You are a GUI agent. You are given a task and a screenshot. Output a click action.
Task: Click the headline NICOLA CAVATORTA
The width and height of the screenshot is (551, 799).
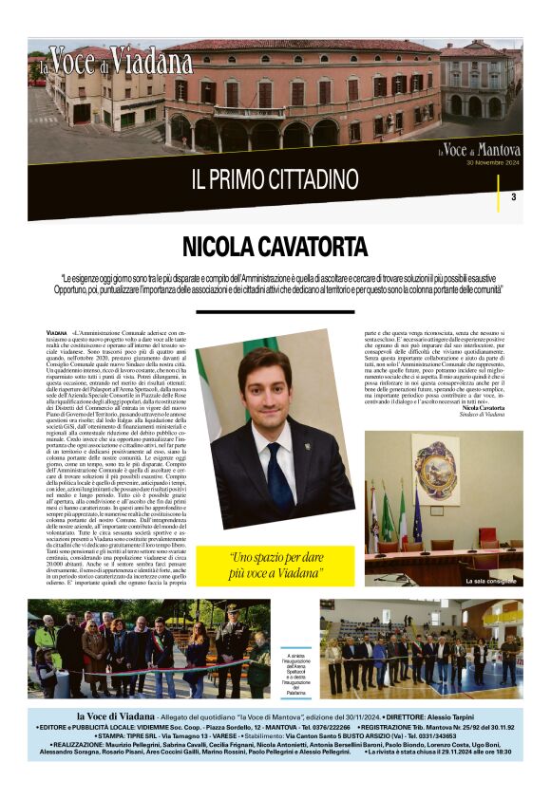(x=275, y=249)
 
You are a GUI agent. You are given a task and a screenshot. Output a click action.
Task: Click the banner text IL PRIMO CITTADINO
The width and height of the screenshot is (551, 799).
(x=275, y=178)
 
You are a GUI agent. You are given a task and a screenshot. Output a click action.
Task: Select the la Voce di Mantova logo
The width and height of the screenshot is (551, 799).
(x=479, y=150)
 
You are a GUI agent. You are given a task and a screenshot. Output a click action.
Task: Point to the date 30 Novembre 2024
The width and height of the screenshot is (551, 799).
(x=492, y=162)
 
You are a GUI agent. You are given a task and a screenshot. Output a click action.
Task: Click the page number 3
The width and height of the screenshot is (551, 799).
(x=513, y=197)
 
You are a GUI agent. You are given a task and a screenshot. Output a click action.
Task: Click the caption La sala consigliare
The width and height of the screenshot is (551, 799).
(x=488, y=580)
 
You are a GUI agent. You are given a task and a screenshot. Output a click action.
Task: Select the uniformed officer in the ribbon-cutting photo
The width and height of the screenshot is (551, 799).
(x=232, y=645)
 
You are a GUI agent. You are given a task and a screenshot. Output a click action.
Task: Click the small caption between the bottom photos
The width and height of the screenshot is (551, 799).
(x=295, y=673)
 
